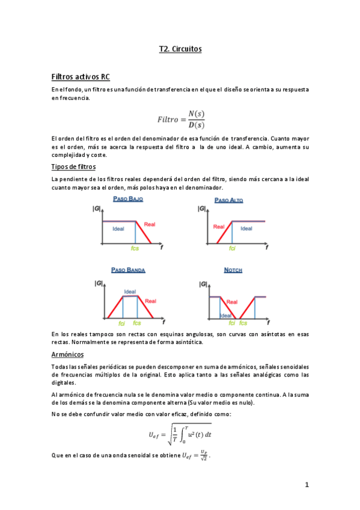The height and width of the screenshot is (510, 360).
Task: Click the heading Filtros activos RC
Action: (x=81, y=77)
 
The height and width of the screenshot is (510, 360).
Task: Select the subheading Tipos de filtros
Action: (x=74, y=167)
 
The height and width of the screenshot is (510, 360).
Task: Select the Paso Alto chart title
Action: (x=229, y=199)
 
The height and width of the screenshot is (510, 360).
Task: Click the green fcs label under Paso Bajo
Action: (x=136, y=248)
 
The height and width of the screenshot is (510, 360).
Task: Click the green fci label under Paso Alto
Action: (x=232, y=248)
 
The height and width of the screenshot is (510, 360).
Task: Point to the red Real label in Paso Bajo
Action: (x=150, y=224)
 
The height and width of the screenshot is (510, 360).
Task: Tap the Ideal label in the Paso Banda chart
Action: (x=130, y=292)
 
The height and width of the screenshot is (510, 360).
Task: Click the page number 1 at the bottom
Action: (x=306, y=485)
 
